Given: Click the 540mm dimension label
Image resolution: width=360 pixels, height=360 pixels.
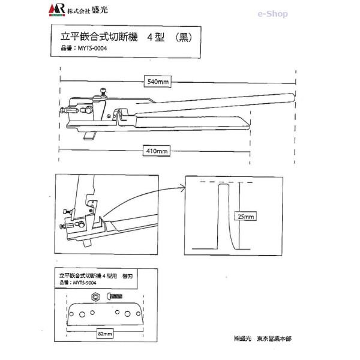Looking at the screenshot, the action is [157, 82].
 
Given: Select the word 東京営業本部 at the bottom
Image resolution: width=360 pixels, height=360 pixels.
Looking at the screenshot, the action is [273, 339].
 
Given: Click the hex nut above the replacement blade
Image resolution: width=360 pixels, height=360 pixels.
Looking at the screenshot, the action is [95, 296].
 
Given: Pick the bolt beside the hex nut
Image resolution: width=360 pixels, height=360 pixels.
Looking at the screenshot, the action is [115, 296].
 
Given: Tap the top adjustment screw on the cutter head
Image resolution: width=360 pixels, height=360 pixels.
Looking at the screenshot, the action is [104, 91].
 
